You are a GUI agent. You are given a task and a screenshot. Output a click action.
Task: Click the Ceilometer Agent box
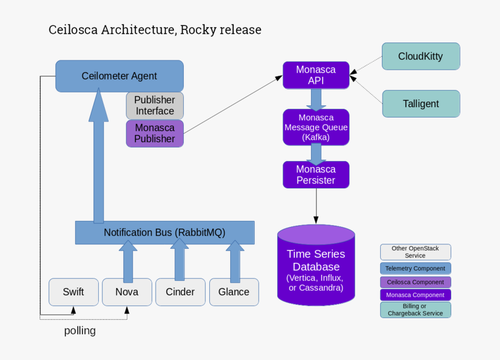tap(119, 76)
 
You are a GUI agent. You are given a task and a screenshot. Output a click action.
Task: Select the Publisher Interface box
tap(155, 105)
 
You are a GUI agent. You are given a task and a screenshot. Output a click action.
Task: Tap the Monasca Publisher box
tap(155, 133)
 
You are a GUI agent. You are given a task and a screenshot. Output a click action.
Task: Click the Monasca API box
tap(316, 75)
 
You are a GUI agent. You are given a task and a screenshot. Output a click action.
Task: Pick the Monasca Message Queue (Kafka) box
tap(316, 127)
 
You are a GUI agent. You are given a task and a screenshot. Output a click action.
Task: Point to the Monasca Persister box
tap(316, 174)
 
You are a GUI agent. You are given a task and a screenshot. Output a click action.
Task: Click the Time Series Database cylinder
tap(316, 268)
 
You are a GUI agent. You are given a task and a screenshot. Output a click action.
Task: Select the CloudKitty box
tap(420, 56)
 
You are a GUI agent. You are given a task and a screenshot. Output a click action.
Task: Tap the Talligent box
tap(420, 104)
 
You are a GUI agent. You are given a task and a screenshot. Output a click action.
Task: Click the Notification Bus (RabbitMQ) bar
tap(165, 233)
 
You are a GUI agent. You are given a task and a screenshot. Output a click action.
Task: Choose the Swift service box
tap(73, 292)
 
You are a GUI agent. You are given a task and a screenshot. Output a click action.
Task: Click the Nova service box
tap(127, 292)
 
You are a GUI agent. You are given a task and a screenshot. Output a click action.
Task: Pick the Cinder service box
tap(180, 292)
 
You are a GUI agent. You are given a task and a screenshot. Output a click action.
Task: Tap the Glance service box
tap(234, 292)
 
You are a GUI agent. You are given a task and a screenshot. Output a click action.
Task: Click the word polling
tap(80, 331)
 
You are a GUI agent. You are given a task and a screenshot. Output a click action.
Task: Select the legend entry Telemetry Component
tap(415, 269)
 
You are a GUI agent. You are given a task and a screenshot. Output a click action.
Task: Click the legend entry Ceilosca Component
tap(415, 282)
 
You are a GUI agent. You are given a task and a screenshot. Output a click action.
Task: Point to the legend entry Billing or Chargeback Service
tap(415, 309)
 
